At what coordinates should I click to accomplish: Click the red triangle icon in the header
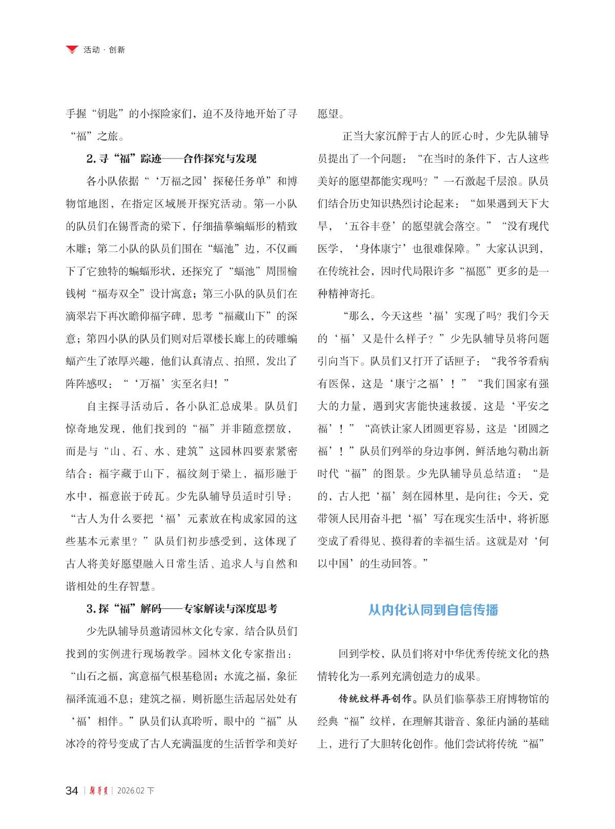[73, 50]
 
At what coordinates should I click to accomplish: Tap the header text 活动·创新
[104, 50]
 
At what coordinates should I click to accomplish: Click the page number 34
[72, 791]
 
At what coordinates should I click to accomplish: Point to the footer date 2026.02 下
[136, 791]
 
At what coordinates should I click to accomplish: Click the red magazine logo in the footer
[97, 791]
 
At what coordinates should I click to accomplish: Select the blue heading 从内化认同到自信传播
[433, 609]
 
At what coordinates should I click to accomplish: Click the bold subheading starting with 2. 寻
[171, 159]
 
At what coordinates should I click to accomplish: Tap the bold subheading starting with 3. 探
[181, 609]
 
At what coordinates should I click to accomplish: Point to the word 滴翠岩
[81, 317]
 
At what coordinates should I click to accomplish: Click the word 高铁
[380, 429]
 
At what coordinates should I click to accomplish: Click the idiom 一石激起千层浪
[480, 181]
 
